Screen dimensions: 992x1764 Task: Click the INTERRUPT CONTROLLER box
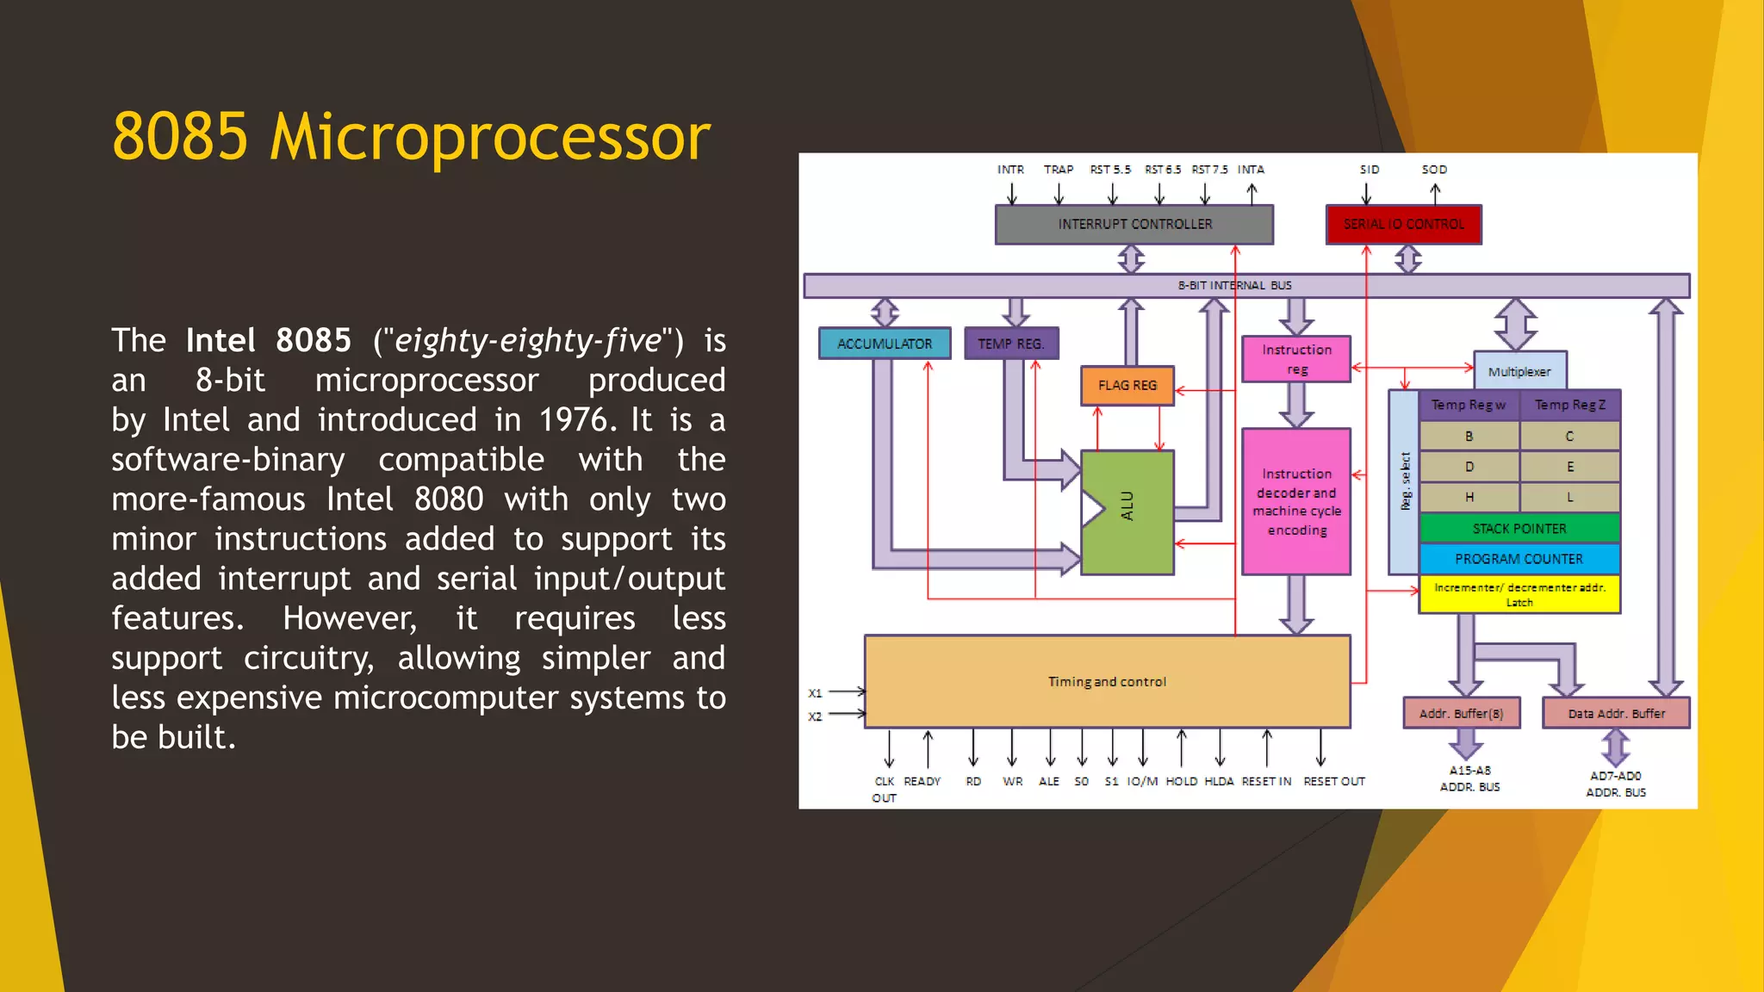pos(1134,225)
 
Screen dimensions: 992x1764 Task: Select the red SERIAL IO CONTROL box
pos(1403,225)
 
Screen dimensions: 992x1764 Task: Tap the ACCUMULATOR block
pos(885,344)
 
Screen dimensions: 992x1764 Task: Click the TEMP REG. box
pos(1010,344)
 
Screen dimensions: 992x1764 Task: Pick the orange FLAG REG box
pos(1127,386)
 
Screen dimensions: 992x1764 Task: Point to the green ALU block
pos(1127,512)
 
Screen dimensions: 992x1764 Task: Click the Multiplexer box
pos(1519,371)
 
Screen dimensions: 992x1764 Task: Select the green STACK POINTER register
pos(1519,529)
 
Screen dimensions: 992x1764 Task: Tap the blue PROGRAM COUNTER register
pos(1519,559)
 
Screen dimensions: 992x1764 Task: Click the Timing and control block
pos(1107,681)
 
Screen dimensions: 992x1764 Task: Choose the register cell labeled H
pos(1469,497)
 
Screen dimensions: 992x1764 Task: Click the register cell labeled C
pos(1569,437)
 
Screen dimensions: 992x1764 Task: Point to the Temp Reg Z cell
pos(1569,405)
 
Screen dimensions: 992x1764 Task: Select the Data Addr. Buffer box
pos(1616,713)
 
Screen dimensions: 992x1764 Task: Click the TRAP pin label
pos(1059,170)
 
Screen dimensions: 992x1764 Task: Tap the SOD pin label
pos(1434,170)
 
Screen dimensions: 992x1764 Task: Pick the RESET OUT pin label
pos(1334,781)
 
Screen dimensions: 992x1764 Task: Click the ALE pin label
pos(1049,781)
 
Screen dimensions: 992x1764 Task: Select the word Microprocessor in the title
pos(490,137)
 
